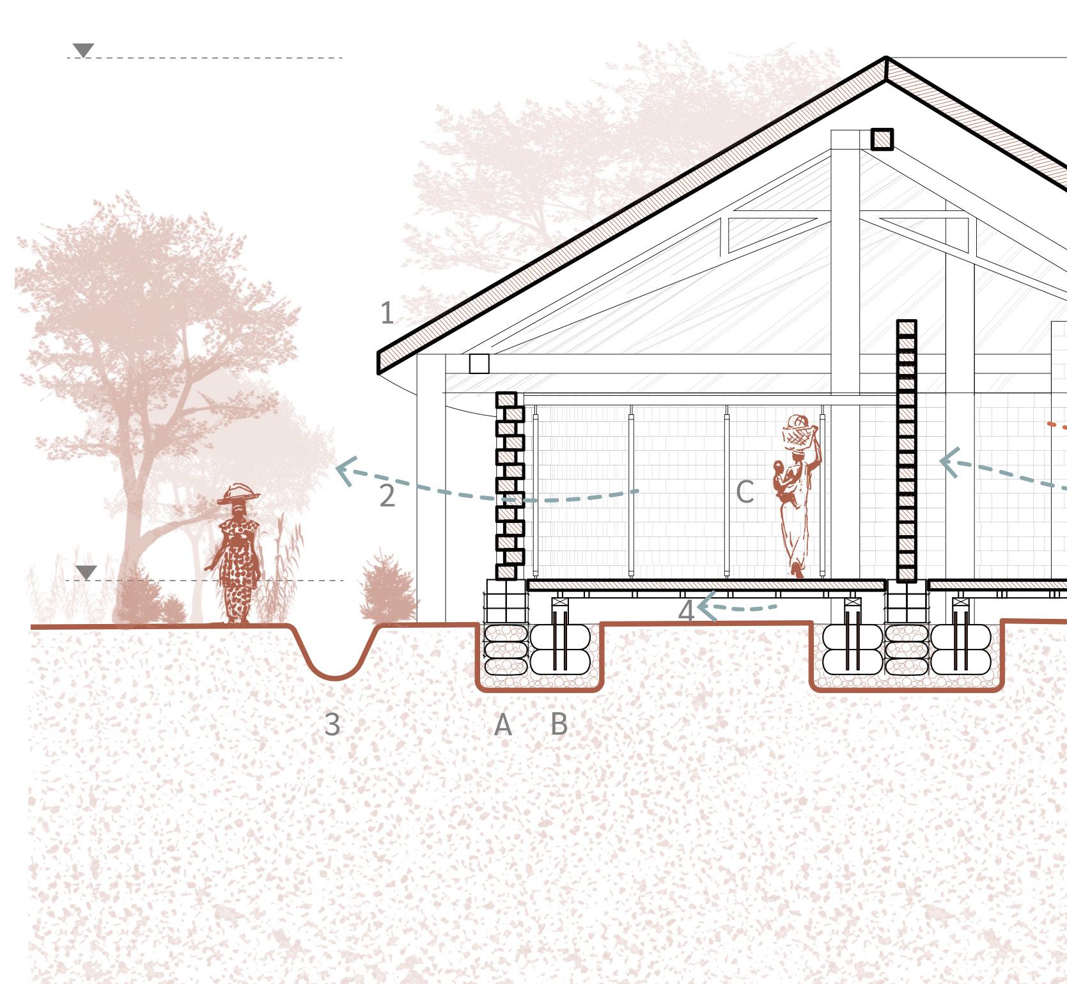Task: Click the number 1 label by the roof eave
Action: (x=387, y=313)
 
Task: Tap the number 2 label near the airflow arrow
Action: (x=387, y=496)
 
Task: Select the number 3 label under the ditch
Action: (x=332, y=724)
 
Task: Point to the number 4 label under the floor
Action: (x=685, y=611)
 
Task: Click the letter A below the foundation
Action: (x=503, y=724)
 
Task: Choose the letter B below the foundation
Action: (x=559, y=724)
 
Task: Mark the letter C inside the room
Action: (x=745, y=492)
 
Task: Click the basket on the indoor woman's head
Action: (x=800, y=435)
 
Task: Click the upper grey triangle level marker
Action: (x=83, y=50)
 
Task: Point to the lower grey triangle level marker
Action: (x=86, y=572)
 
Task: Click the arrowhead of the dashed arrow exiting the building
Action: (x=344, y=472)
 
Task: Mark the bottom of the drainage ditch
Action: (x=334, y=676)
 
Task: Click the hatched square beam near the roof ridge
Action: (x=882, y=139)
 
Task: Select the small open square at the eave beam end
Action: (x=479, y=364)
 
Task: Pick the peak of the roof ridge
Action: (x=886, y=60)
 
